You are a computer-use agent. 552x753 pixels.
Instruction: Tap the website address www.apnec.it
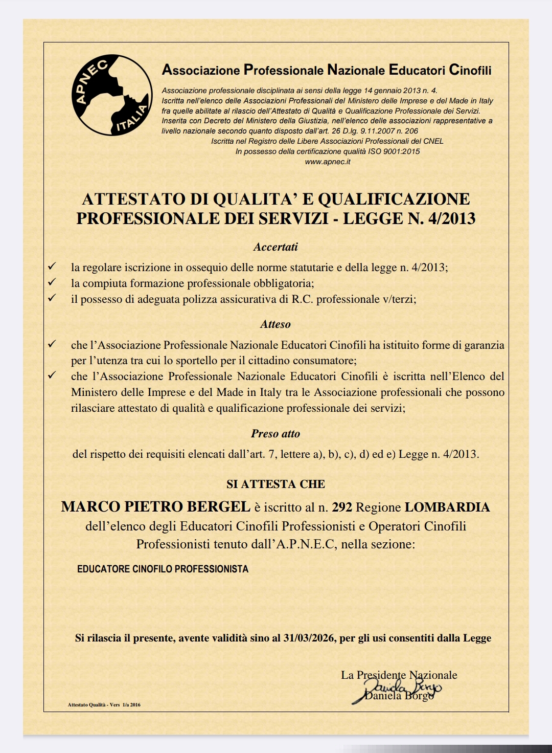pyautogui.click(x=327, y=162)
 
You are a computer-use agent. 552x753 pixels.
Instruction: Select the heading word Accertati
pyautogui.click(x=275, y=247)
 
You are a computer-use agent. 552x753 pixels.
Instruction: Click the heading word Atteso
pyautogui.click(x=275, y=324)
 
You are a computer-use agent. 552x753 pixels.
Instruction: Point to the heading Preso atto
pyautogui.click(x=275, y=434)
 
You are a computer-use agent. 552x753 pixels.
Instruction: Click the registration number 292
pyautogui.click(x=342, y=507)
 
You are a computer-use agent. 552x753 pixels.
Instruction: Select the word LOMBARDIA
pyautogui.click(x=447, y=507)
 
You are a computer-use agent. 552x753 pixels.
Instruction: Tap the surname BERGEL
pyautogui.click(x=218, y=507)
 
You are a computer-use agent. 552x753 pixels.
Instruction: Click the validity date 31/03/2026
pyautogui.click(x=308, y=638)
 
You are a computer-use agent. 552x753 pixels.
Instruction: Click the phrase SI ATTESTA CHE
pyautogui.click(x=275, y=484)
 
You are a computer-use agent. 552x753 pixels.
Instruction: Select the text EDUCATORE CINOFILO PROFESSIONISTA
pyautogui.click(x=163, y=569)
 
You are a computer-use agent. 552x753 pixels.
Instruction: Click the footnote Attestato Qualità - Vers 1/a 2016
pyautogui.click(x=104, y=705)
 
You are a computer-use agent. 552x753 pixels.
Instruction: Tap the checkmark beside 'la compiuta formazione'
pyautogui.click(x=52, y=282)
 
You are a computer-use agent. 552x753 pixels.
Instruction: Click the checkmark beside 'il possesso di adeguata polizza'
pyautogui.click(x=52, y=298)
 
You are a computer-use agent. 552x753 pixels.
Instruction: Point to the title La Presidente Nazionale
pyautogui.click(x=399, y=675)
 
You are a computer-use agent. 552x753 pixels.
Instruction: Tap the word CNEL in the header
pyautogui.click(x=433, y=141)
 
